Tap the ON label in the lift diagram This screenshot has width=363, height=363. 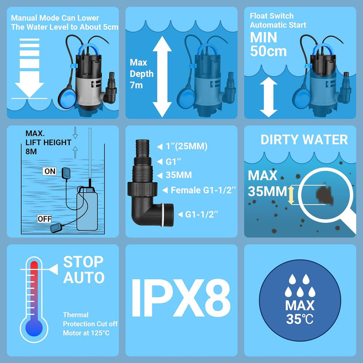50,171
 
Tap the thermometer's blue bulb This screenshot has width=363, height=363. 34,328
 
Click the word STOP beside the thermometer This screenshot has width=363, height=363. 83,262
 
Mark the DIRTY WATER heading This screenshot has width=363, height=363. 304,140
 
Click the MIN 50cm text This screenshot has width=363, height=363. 268,44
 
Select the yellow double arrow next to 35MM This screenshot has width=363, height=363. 291,195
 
